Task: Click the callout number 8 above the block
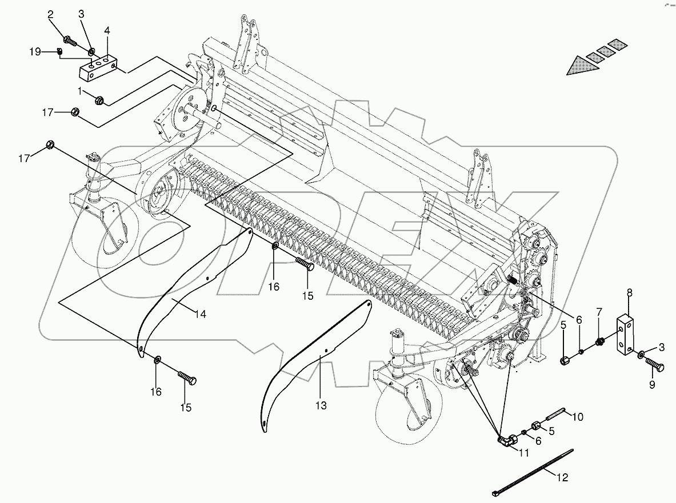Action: pyautogui.click(x=630, y=293)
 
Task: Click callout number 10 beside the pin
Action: pyautogui.click(x=577, y=417)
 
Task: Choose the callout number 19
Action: pyautogui.click(x=35, y=52)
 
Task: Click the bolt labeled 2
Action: pyautogui.click(x=69, y=41)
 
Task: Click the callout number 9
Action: pyautogui.click(x=651, y=385)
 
